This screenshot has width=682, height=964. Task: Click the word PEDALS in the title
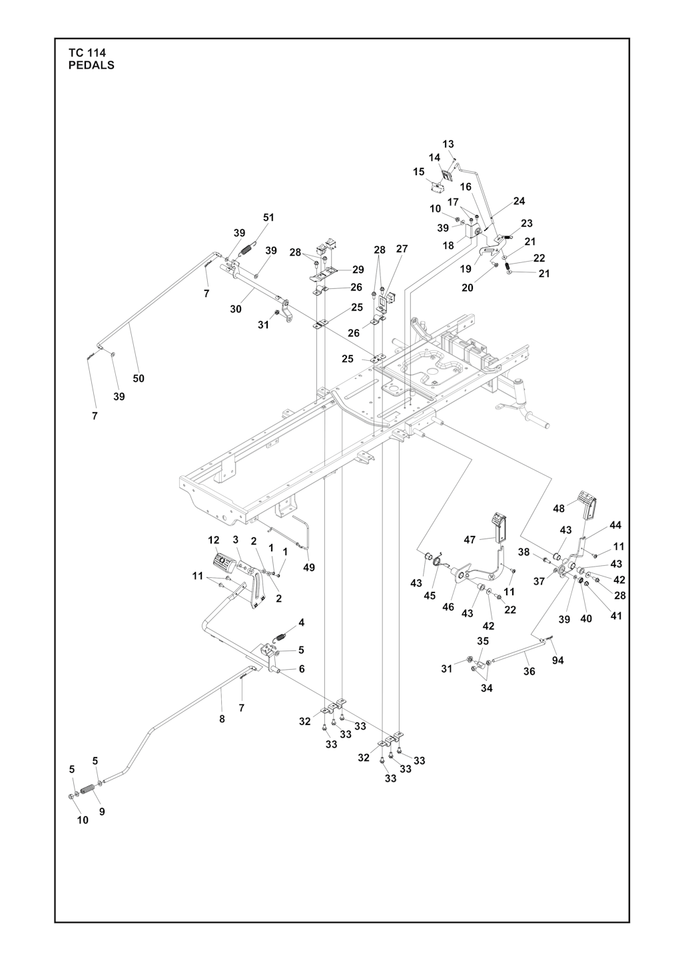(91, 65)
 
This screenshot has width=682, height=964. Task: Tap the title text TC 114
(87, 53)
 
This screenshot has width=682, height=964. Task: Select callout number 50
(139, 379)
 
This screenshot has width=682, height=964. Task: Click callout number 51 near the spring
(268, 218)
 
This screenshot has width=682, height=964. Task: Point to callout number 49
(309, 568)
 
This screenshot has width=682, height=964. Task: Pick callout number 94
(557, 660)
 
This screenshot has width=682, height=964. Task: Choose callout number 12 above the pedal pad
(214, 540)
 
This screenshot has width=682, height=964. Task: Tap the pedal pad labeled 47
(501, 528)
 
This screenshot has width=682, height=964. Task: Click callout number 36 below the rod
(529, 671)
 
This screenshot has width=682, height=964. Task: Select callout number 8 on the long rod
(222, 719)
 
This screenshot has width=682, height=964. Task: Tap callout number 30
(236, 309)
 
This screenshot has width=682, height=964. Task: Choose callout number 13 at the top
(448, 144)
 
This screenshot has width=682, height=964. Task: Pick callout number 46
(448, 606)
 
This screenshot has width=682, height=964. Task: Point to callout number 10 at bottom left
(82, 820)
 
